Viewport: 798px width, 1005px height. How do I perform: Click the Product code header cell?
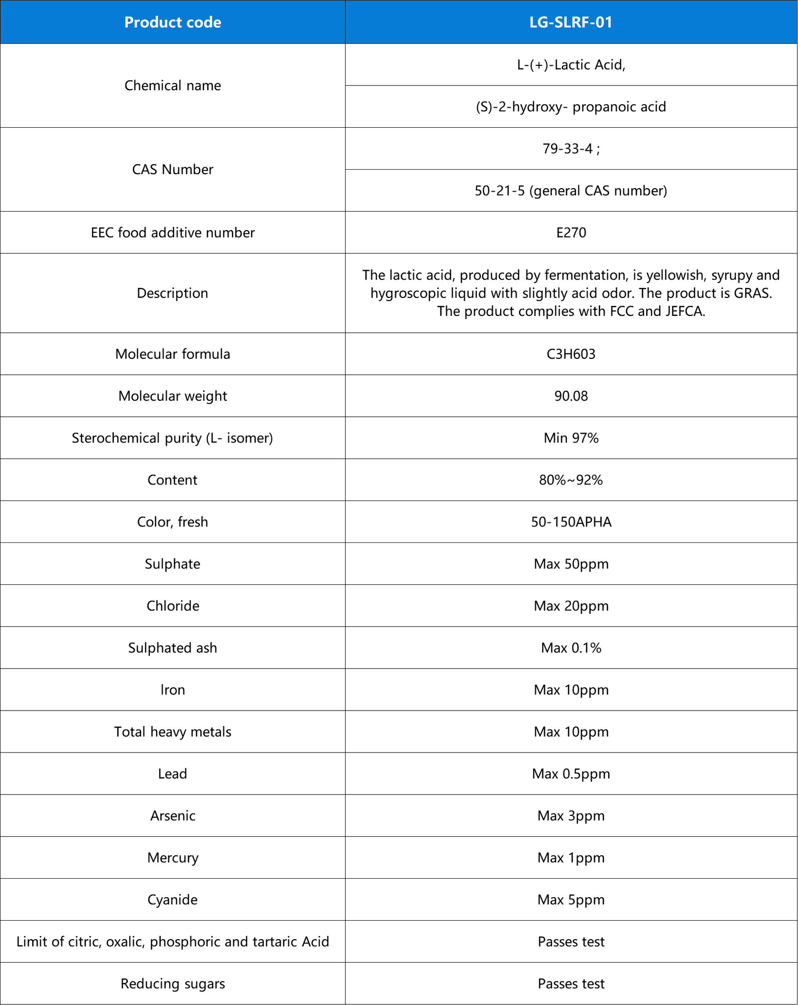coord(173,22)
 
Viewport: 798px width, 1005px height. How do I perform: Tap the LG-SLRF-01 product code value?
coord(571,22)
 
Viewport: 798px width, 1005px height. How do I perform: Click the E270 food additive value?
coord(571,233)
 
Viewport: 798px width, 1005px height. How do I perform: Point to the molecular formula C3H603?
coord(571,354)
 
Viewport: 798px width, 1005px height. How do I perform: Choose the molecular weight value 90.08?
coord(571,396)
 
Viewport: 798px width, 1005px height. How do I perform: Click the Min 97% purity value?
coord(571,438)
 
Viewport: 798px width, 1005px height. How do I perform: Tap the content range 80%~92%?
coord(571,480)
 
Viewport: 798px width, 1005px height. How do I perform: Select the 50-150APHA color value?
coord(571,521)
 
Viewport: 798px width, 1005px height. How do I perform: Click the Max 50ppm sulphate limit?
coord(571,564)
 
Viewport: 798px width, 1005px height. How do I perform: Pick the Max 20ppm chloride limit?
coord(571,606)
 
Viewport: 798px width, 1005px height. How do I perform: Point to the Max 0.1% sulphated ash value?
coord(571,648)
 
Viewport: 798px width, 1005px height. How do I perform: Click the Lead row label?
coord(173,773)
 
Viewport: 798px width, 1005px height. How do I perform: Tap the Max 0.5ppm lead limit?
coord(571,773)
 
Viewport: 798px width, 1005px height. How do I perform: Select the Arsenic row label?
coord(173,815)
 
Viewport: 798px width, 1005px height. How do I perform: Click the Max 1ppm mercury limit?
coord(571,857)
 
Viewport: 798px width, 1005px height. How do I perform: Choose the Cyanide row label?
coord(173,899)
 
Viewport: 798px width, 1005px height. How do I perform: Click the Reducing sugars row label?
coord(173,984)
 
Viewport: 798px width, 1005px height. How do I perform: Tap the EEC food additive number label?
coord(173,233)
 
